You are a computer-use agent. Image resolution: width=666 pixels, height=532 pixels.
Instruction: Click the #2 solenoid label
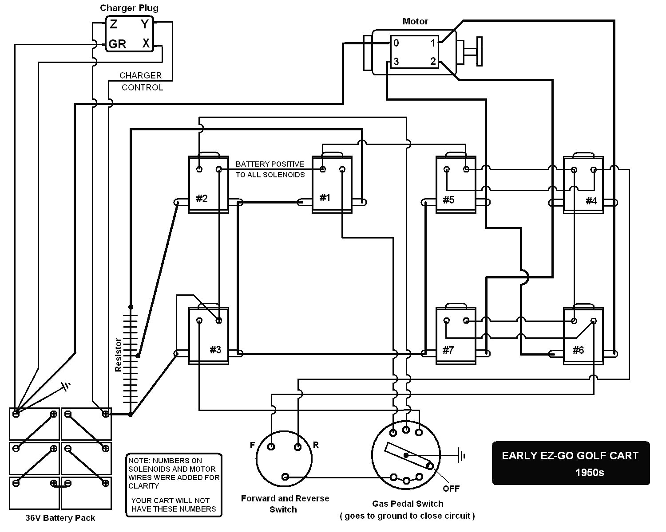click(x=202, y=199)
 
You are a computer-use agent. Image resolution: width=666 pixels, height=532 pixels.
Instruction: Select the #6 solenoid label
click(x=578, y=351)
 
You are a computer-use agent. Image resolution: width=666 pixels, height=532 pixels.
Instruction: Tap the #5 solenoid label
click(x=448, y=200)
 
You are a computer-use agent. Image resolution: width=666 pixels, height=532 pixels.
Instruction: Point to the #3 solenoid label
click(x=215, y=350)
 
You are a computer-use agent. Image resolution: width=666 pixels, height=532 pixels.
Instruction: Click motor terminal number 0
click(x=396, y=43)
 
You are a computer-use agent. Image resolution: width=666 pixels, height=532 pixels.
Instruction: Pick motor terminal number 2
click(x=433, y=62)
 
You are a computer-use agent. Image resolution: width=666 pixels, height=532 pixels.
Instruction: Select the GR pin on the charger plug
click(x=117, y=44)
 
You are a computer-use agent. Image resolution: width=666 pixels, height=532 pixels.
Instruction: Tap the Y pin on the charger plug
click(x=145, y=24)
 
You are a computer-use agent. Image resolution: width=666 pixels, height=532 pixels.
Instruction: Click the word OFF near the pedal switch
click(x=451, y=489)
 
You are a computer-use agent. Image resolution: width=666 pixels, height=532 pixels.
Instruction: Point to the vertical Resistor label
click(x=118, y=355)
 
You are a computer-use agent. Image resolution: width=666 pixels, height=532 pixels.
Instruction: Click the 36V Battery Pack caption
click(x=60, y=518)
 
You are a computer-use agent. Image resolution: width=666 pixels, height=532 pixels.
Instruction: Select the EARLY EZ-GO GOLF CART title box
click(x=571, y=463)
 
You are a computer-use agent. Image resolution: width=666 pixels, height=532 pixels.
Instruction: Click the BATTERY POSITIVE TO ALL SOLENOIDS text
click(x=270, y=169)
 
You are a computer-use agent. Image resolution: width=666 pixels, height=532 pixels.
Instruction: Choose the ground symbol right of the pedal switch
click(x=462, y=455)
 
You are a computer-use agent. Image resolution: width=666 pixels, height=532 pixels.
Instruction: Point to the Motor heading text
click(x=415, y=21)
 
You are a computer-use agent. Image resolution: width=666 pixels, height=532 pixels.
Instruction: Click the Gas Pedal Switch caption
click(x=408, y=504)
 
